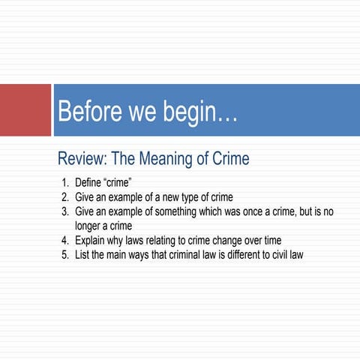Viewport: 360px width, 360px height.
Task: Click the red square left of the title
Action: coord(25,110)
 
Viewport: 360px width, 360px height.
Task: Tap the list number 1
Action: coord(64,182)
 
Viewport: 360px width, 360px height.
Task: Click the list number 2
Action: coord(64,196)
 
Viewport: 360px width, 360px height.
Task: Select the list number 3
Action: coord(64,211)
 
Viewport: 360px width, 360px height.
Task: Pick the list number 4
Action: coord(64,240)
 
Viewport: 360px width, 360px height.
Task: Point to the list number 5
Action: coord(64,254)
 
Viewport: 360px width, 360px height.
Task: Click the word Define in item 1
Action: coord(88,182)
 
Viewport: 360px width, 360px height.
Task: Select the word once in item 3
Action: coord(244,211)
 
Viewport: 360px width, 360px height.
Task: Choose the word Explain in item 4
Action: coord(91,240)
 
